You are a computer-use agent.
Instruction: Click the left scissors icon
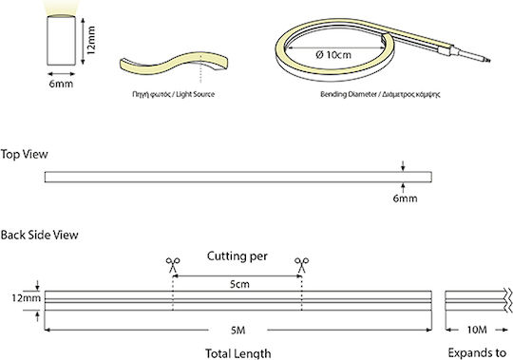coord(173,265)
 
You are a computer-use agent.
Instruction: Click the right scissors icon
coord(301,265)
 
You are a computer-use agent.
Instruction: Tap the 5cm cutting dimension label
coord(239,284)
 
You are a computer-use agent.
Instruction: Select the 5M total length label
coord(237,331)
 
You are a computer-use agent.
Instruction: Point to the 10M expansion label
coord(477,330)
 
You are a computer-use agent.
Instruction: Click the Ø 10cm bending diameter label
coord(333,54)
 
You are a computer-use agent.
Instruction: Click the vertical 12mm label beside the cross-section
coord(91,40)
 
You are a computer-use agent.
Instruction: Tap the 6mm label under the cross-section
coord(61,84)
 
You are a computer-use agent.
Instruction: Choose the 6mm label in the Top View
coord(405,199)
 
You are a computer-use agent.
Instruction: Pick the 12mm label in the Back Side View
coord(27,298)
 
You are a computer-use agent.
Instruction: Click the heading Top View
coord(24,154)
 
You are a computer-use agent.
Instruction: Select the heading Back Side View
coord(39,235)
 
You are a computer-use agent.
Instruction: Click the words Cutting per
coord(237,256)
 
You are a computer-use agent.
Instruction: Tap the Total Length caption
coord(238,353)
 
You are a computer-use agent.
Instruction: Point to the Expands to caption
coord(477,353)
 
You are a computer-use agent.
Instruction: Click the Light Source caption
coord(196,94)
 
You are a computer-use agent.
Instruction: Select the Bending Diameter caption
coord(349,94)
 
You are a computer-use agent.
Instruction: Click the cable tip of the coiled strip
coord(488,60)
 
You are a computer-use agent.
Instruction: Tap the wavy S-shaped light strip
coord(174,62)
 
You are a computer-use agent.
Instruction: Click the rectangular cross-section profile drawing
coord(61,40)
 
